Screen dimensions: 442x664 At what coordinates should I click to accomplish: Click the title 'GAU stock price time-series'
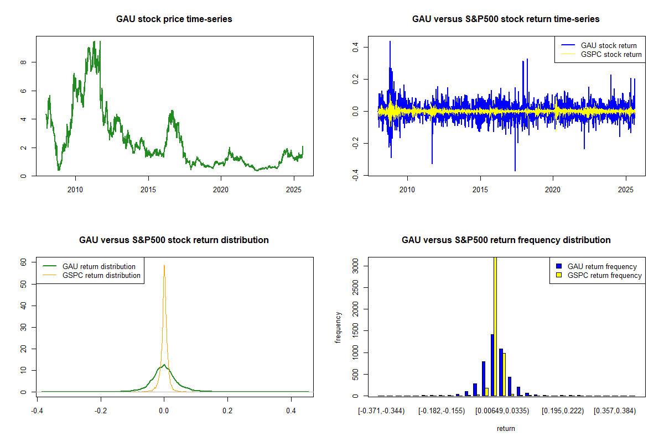(x=174, y=19)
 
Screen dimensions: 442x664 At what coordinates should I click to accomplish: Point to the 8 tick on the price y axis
(x=23, y=62)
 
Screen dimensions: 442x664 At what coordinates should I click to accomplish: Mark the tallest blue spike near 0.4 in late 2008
(x=390, y=42)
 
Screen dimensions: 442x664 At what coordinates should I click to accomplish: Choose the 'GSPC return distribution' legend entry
(x=101, y=275)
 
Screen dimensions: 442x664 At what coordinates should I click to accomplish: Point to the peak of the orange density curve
(x=164, y=266)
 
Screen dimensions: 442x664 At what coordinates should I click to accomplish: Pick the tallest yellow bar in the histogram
(x=495, y=326)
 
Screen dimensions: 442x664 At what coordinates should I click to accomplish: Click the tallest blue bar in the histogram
(x=492, y=365)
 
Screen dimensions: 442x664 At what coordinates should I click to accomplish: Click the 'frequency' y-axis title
(x=338, y=328)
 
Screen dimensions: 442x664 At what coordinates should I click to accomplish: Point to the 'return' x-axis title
(x=506, y=428)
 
